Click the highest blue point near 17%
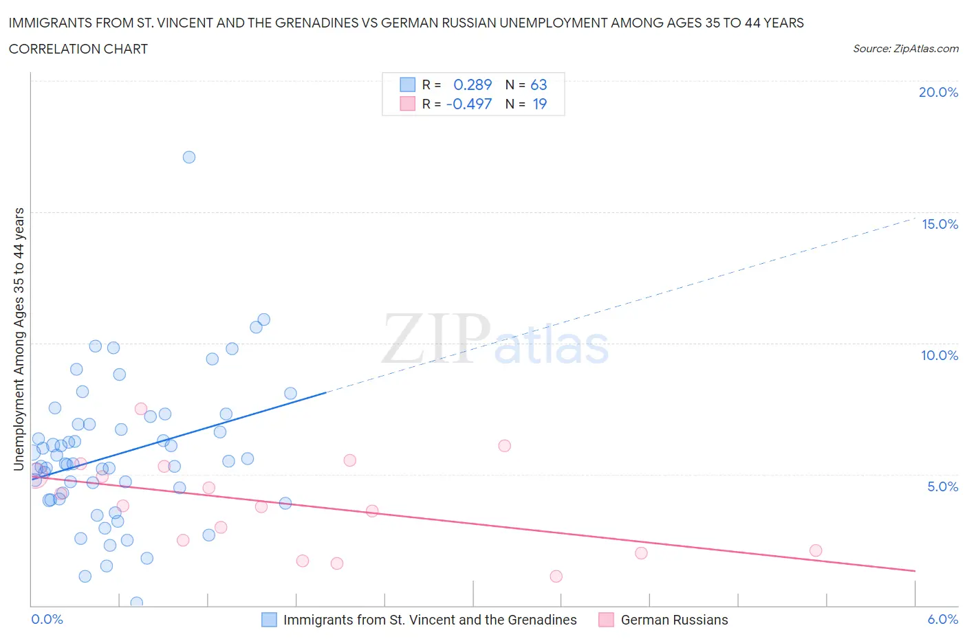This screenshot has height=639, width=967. (189, 157)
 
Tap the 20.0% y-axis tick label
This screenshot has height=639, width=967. (938, 92)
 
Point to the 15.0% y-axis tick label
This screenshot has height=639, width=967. (939, 224)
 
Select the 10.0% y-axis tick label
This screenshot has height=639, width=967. (939, 355)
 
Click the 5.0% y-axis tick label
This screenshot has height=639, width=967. (942, 486)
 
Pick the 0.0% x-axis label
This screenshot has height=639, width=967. (47, 619)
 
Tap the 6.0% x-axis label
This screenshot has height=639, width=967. (942, 619)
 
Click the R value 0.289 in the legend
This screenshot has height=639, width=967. (472, 85)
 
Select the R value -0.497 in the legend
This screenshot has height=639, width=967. (469, 104)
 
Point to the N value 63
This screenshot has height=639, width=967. (539, 85)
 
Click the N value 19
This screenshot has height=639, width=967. (540, 104)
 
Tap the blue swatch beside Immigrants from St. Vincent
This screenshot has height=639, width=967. (269, 620)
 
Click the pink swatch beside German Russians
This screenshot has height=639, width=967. (606, 620)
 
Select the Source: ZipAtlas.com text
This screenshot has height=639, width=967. (905, 48)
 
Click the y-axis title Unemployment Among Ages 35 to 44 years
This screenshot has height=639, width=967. (19, 339)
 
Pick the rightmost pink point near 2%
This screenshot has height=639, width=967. (816, 550)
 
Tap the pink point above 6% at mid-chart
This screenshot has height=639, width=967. (505, 446)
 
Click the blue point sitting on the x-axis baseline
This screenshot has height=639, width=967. (136, 603)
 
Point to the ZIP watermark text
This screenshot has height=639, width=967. (436, 339)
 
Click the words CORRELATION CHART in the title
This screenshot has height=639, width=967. (78, 49)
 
